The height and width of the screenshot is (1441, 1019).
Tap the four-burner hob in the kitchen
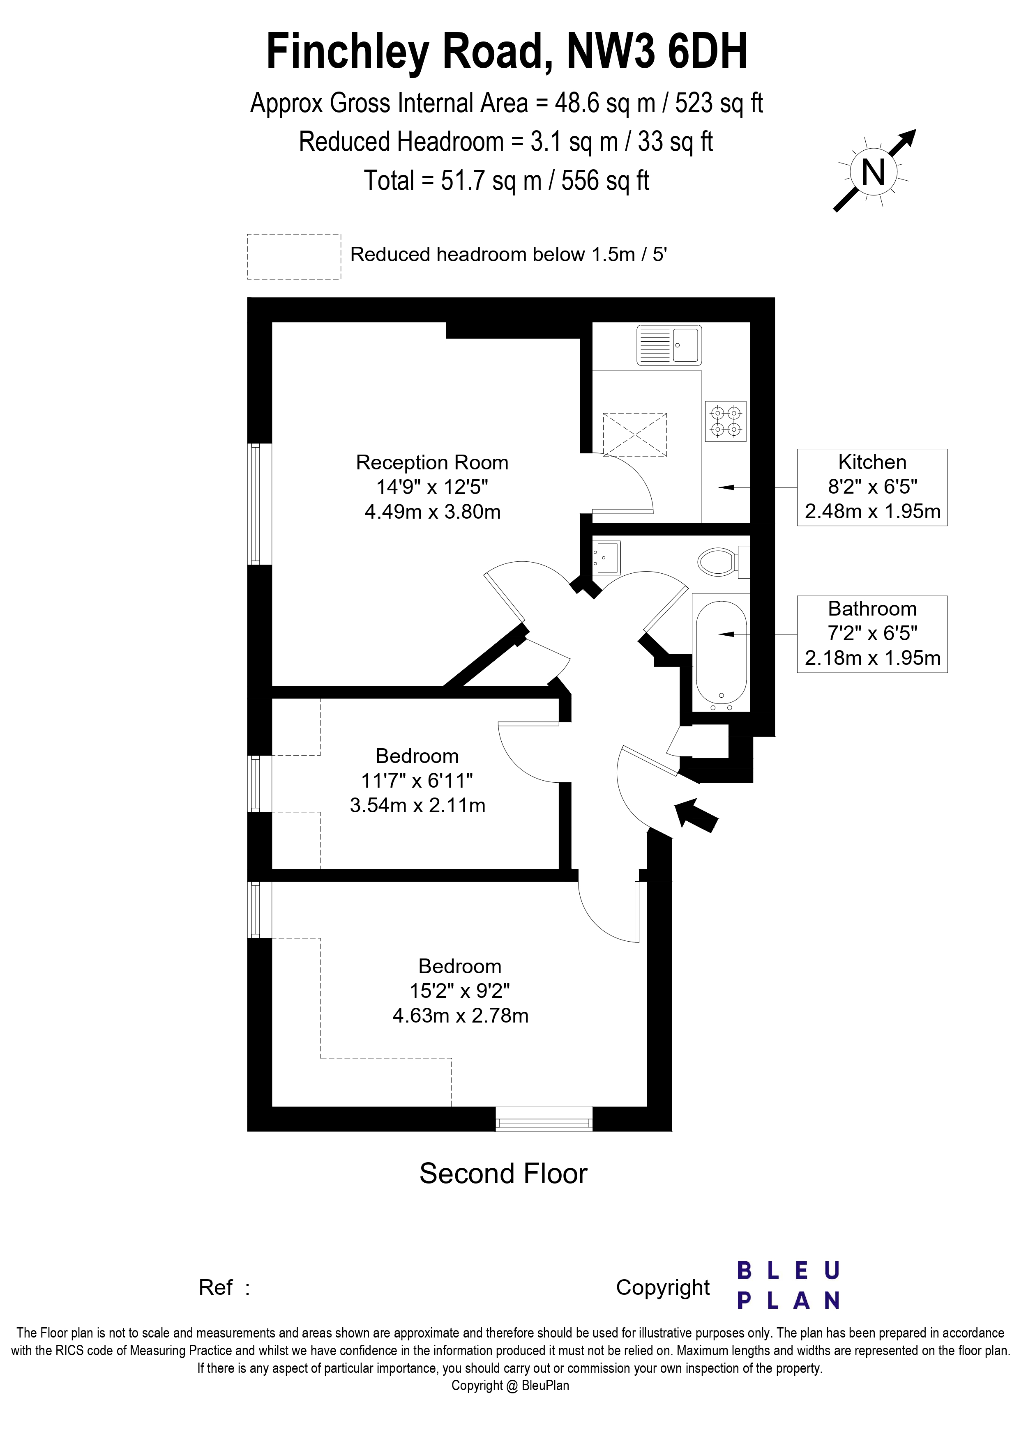(x=726, y=421)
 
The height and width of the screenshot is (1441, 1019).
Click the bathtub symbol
(x=721, y=651)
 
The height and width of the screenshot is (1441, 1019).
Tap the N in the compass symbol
(x=873, y=171)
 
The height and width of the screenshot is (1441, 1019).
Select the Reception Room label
(x=432, y=462)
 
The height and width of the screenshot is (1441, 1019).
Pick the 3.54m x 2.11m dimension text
(x=417, y=805)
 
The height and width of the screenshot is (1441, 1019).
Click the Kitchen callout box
(x=871, y=487)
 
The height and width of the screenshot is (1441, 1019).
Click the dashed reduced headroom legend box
(x=294, y=256)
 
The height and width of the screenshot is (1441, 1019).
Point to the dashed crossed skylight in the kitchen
(x=634, y=434)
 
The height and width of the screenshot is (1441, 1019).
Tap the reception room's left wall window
(x=254, y=503)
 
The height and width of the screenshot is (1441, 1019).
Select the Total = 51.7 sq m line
(x=506, y=181)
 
